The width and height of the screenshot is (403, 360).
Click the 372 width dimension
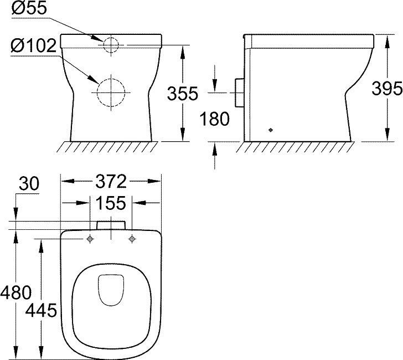111,181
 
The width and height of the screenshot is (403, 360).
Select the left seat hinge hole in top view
90,239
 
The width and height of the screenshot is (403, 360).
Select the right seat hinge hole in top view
132,239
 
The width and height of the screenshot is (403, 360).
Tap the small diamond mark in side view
270,130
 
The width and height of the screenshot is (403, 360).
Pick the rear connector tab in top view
111,225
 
